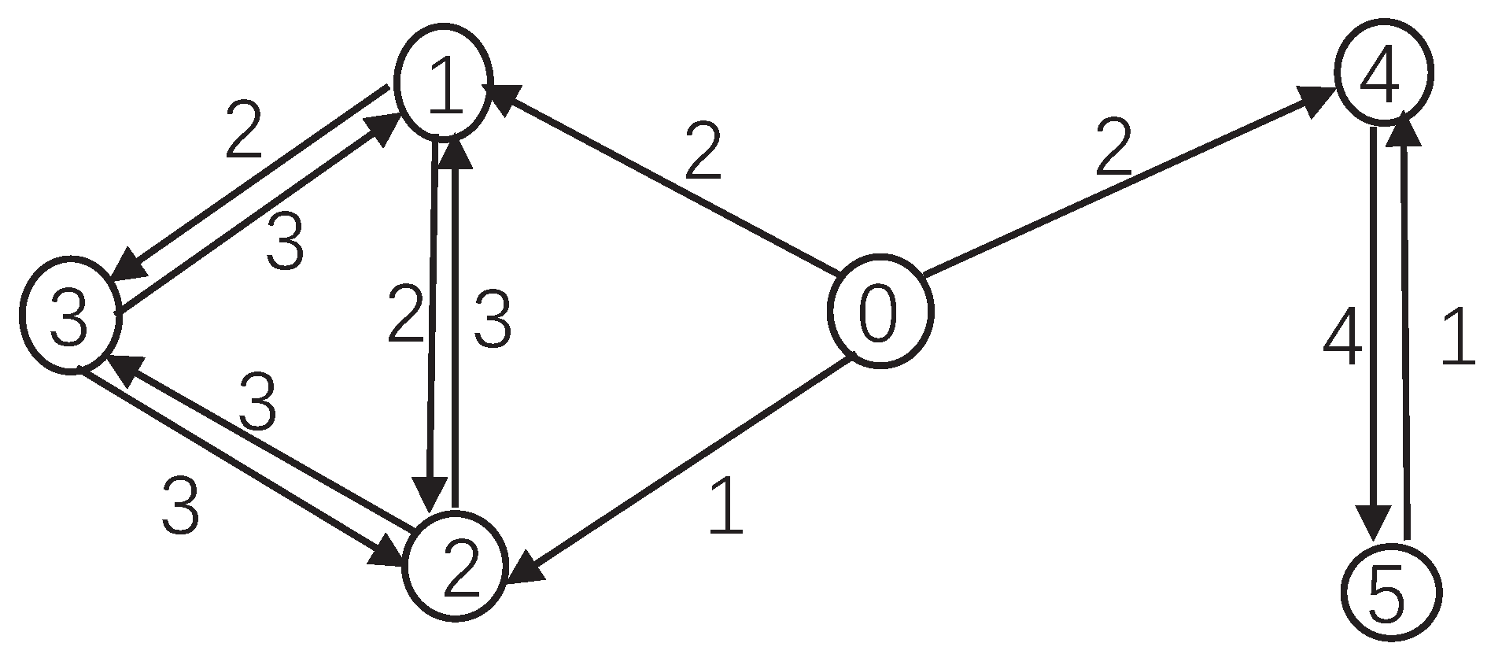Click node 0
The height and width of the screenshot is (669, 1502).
point(879,310)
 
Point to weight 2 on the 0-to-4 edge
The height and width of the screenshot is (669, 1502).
point(1113,149)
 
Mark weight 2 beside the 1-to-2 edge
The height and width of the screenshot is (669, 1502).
point(406,316)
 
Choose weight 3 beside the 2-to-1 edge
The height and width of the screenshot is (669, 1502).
point(492,319)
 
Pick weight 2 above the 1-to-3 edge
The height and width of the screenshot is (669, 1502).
point(243,130)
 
